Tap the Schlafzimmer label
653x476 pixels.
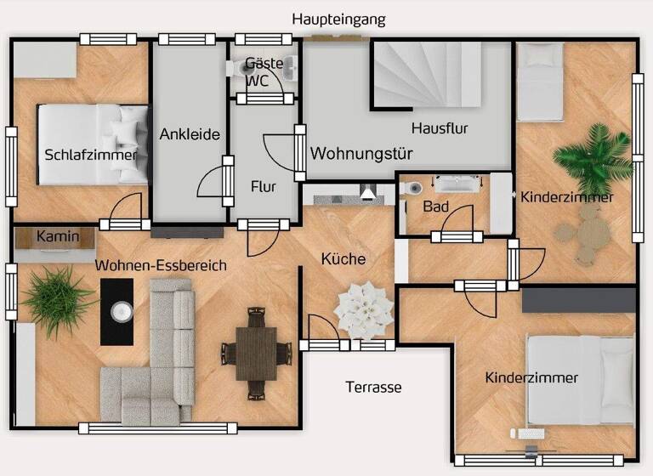click(90, 155)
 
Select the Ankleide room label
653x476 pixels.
click(190, 134)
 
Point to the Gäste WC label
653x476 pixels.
click(258, 72)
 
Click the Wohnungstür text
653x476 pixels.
click(361, 155)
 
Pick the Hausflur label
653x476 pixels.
click(440, 128)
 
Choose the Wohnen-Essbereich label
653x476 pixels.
click(161, 266)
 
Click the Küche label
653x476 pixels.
click(344, 259)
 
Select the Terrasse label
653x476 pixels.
click(373, 388)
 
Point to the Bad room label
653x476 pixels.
click(435, 207)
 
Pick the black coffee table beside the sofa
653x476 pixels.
click(117, 312)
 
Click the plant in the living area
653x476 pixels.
click(56, 298)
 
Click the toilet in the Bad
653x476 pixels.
click(410, 189)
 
